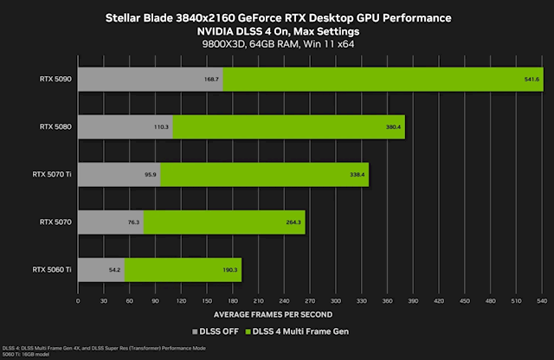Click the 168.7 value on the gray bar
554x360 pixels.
pyautogui.click(x=211, y=80)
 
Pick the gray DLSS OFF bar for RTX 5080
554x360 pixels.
pyautogui.click(x=125, y=126)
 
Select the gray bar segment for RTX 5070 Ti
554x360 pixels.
pyautogui.click(x=119, y=174)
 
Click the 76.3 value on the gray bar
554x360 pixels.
pyautogui.click(x=133, y=222)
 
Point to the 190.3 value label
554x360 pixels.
pyautogui.click(x=230, y=269)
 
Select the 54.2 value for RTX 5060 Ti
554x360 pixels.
pyautogui.click(x=114, y=269)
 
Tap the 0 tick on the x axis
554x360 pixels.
pyautogui.click(x=79, y=302)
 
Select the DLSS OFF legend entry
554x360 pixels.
pyautogui.click(x=218, y=332)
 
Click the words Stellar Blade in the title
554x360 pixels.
pyautogui.click(x=138, y=17)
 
